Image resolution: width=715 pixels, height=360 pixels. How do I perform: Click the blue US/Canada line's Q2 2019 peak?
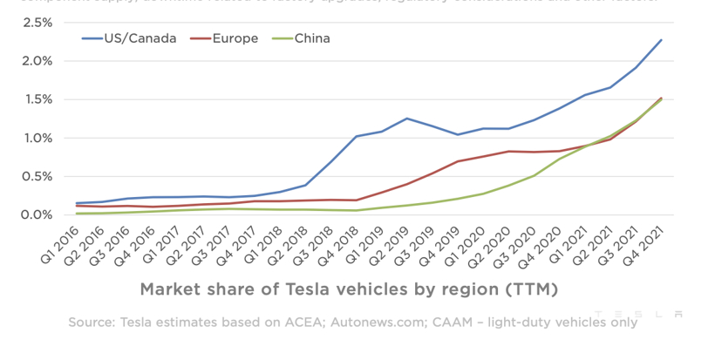tap(406, 119)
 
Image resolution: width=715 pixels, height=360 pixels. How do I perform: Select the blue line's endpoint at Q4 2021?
tap(661, 40)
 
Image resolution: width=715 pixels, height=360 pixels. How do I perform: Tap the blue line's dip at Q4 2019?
tap(457, 134)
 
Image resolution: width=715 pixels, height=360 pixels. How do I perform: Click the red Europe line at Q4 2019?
tap(457, 161)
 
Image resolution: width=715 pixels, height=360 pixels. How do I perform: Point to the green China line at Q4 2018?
tap(356, 210)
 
